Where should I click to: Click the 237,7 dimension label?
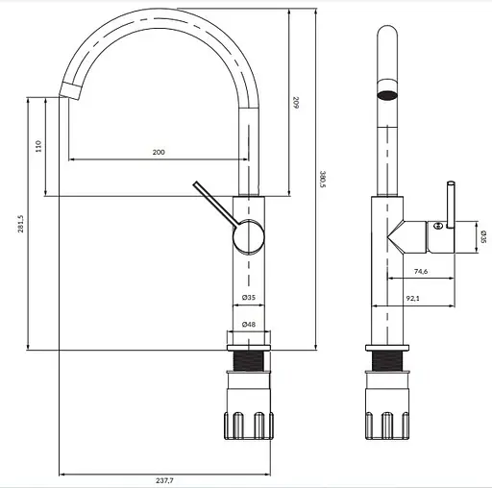click(164, 480)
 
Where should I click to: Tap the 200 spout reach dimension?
click(159, 152)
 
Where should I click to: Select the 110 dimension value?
click(38, 146)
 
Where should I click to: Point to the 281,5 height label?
click(20, 224)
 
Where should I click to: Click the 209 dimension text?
click(296, 103)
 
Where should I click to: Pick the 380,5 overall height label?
click(323, 179)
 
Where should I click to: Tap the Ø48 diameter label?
click(249, 325)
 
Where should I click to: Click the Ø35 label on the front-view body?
click(249, 298)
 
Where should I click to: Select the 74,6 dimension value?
click(421, 271)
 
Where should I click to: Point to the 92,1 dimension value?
click(412, 298)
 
